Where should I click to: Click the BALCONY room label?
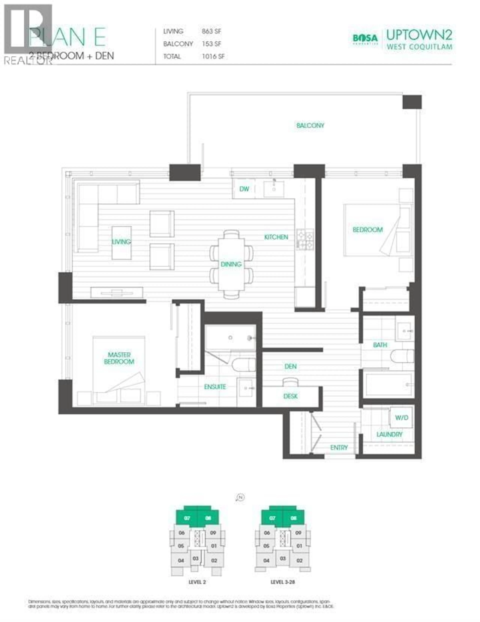click(x=310, y=125)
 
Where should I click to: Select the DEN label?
click(x=290, y=366)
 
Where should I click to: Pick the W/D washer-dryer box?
click(x=401, y=418)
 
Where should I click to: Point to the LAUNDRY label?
click(x=389, y=434)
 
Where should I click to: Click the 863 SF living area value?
click(x=211, y=31)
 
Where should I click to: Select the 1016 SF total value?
click(x=213, y=56)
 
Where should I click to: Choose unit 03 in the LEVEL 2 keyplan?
click(x=195, y=559)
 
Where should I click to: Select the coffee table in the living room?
click(x=121, y=243)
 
